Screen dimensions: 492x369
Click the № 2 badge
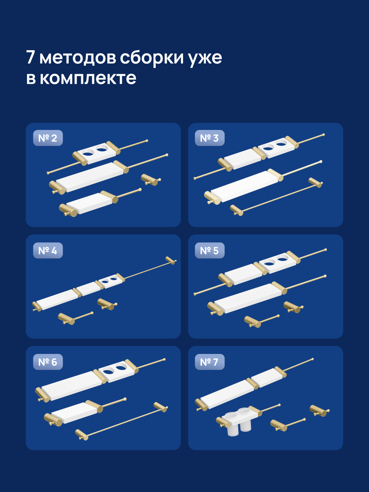pos(48,138)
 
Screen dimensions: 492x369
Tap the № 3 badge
pos(209,138)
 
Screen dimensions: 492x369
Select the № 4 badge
pos(48,251)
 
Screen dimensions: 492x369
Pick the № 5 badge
pos(209,251)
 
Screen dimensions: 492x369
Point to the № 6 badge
pos(48,362)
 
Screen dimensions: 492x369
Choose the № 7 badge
pos(209,362)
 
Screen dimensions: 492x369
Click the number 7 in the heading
pos(30,58)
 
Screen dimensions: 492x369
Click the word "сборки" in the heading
pos(152,58)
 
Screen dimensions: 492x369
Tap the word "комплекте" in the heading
pos(88,78)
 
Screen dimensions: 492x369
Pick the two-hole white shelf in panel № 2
pos(95,152)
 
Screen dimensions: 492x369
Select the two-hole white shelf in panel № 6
pos(116,370)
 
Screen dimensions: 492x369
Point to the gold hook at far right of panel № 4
pos(170,260)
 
